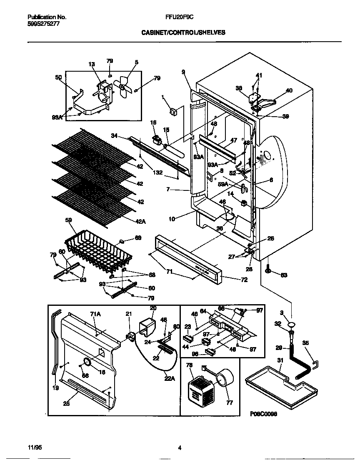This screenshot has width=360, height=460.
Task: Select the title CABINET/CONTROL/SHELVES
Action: tap(183, 32)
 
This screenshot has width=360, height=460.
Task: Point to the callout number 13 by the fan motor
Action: tap(92, 64)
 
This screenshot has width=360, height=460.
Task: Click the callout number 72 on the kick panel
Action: tap(244, 280)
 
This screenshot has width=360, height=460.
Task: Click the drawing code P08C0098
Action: tap(263, 414)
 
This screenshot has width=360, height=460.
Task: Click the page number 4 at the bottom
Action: tap(180, 448)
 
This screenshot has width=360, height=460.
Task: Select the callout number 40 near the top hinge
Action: tap(289, 90)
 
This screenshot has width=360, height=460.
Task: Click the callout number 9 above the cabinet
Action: tap(183, 72)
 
